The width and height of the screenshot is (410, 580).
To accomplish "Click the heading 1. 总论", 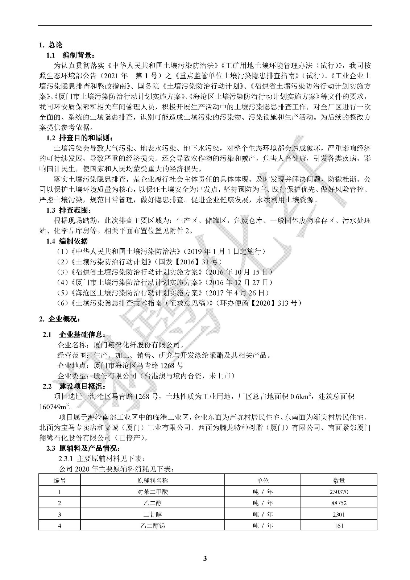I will pos(51,45).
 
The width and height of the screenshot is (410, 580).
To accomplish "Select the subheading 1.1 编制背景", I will pos(70,55).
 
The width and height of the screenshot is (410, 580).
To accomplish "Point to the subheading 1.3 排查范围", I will pos(69,210).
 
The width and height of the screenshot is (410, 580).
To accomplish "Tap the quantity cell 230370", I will pos(339,492).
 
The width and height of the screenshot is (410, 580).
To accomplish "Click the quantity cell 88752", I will pos(339,503).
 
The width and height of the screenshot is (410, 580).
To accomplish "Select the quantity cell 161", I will pos(339,525).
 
